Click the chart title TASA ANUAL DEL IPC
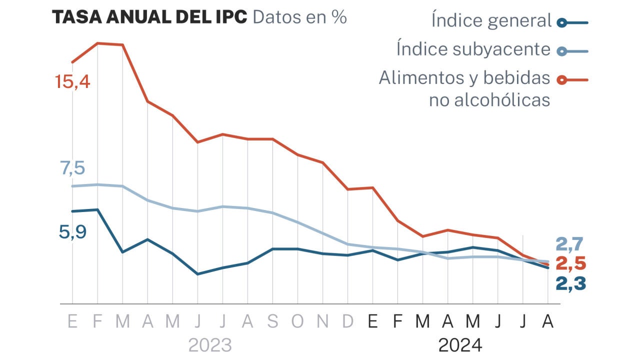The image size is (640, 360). [x=149, y=17]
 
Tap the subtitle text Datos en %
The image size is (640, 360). [x=300, y=17]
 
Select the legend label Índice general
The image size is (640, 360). [x=491, y=21]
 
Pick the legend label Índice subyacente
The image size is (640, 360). [x=473, y=49]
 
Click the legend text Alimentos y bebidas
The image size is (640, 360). [x=464, y=78]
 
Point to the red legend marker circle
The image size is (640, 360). [x=562, y=79]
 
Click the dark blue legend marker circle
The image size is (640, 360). [x=562, y=22]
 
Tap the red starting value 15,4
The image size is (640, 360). [x=72, y=81]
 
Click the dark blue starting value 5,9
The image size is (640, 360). [x=72, y=232]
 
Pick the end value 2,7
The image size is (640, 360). [x=570, y=245]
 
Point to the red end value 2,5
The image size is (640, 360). [x=570, y=264]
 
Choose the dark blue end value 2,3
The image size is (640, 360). [x=570, y=283]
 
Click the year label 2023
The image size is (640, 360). [x=210, y=345]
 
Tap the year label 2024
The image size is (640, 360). [x=460, y=345]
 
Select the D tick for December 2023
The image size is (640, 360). [x=347, y=321]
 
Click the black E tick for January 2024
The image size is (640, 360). [x=372, y=321]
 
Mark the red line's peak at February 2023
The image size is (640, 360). [x=97, y=43]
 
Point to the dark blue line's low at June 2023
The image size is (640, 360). [x=198, y=274]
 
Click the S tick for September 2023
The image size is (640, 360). [x=272, y=321]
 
